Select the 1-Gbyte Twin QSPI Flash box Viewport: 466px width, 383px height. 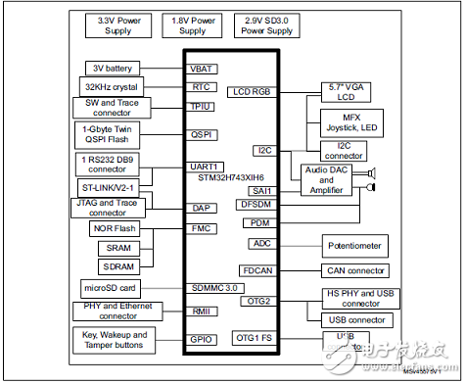110,134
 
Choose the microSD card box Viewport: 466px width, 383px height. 110,288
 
